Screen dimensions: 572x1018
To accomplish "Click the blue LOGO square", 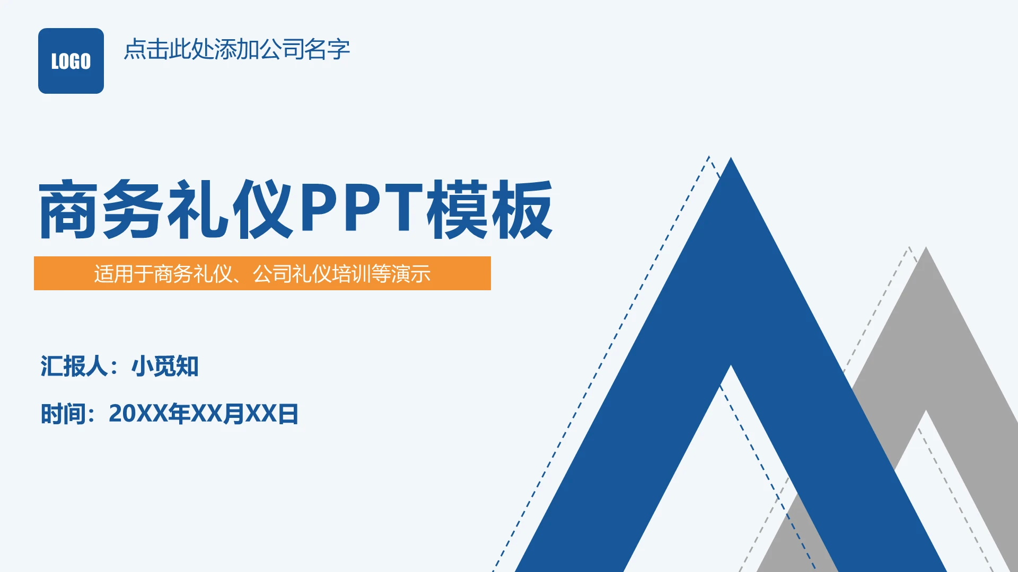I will coord(71,61).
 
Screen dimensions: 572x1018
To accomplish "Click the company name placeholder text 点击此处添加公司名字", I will coord(236,49).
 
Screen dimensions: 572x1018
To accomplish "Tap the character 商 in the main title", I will coord(68,210).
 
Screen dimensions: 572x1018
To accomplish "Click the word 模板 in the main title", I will coord(490,210).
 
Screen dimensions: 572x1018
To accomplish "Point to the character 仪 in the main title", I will coord(263,210).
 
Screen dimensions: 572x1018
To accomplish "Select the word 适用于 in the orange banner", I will coord(124,274).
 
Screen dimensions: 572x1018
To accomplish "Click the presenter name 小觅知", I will coord(165,367).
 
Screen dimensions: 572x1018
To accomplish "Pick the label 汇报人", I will coord(74,367).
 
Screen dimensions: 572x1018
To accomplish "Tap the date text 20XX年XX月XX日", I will coord(204,414).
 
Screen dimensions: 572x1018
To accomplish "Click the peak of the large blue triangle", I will coord(731,160).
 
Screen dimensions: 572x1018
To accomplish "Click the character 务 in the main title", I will coord(133,210).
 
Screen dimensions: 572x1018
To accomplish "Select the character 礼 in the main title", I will coord(198,210).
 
